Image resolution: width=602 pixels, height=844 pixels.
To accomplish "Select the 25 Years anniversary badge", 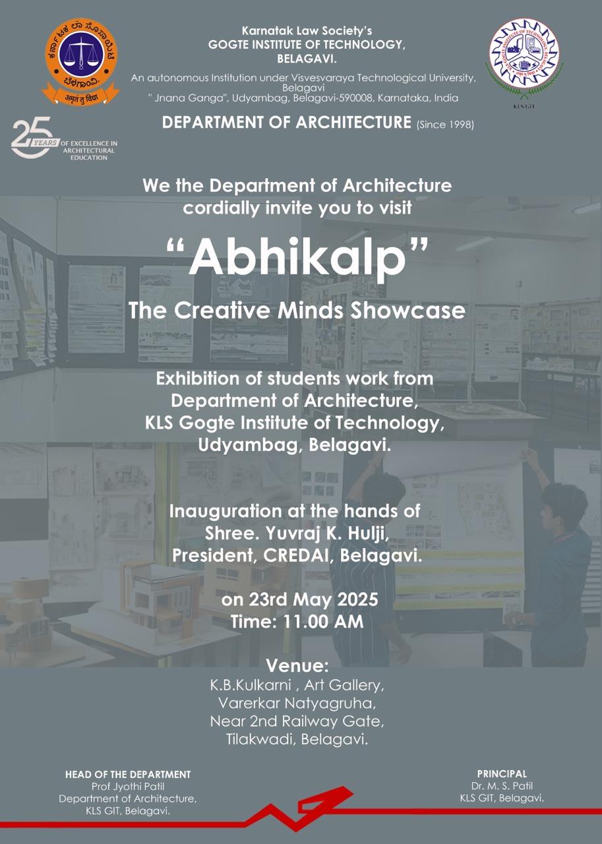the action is click(65, 138).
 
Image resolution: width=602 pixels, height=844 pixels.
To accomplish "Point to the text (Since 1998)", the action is click(445, 125).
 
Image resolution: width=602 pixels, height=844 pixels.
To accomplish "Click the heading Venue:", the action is click(297, 666).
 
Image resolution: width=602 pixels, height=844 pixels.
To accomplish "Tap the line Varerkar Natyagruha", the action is click(297, 703).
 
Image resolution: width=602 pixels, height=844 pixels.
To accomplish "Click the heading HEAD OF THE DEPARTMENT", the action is click(128, 774).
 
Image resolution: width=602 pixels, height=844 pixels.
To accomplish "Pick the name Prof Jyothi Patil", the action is click(128, 787).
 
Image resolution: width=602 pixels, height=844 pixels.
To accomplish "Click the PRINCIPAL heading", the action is click(502, 774).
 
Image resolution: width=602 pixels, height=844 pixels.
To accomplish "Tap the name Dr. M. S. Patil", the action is click(502, 786).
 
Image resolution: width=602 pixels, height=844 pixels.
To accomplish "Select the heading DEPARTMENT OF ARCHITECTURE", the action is click(286, 123).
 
